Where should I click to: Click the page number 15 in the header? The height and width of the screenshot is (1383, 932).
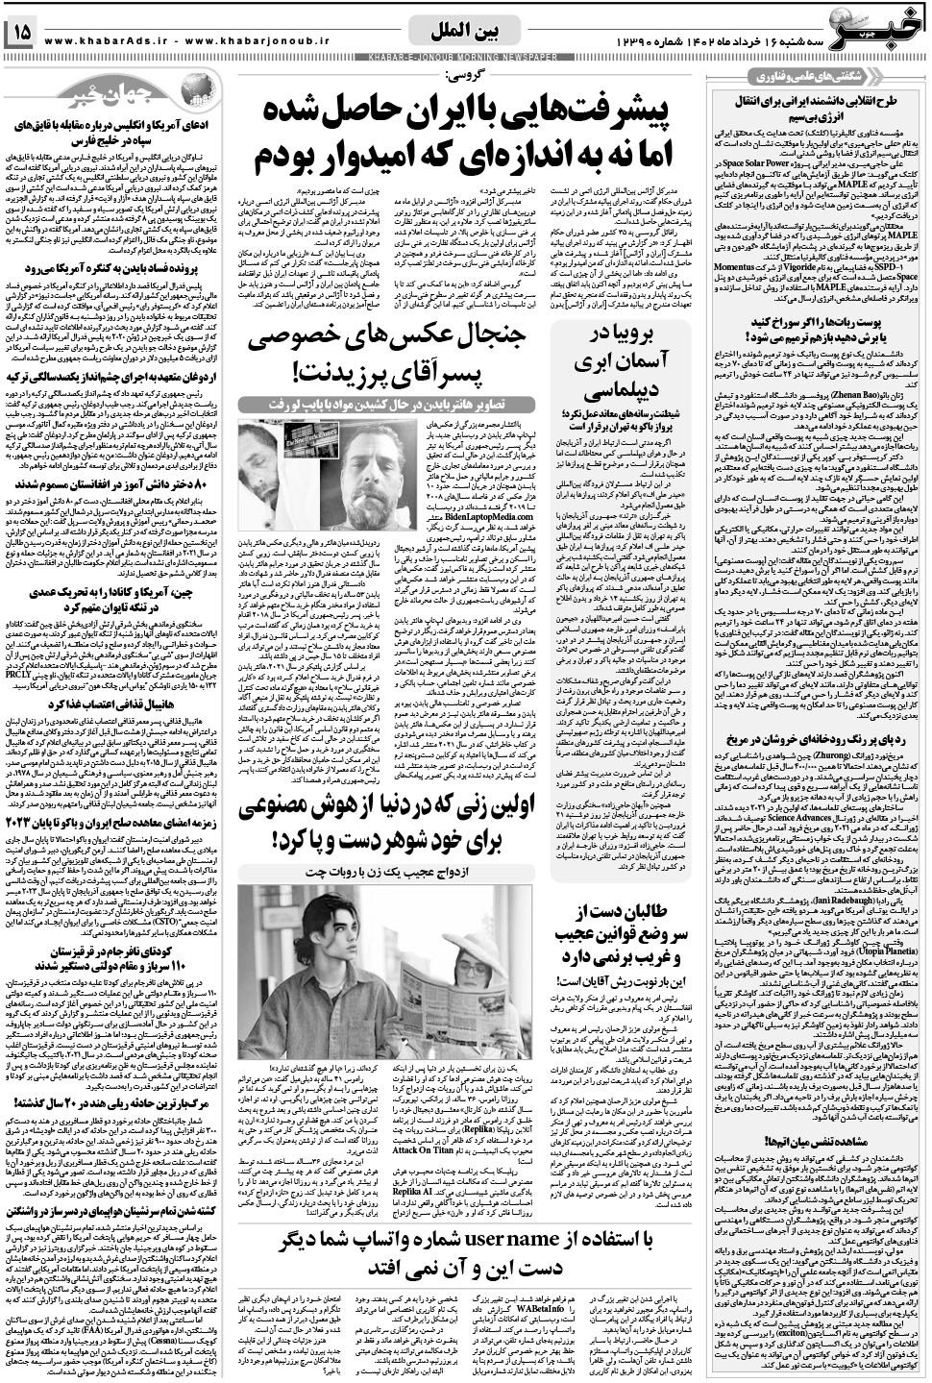point(21,33)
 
